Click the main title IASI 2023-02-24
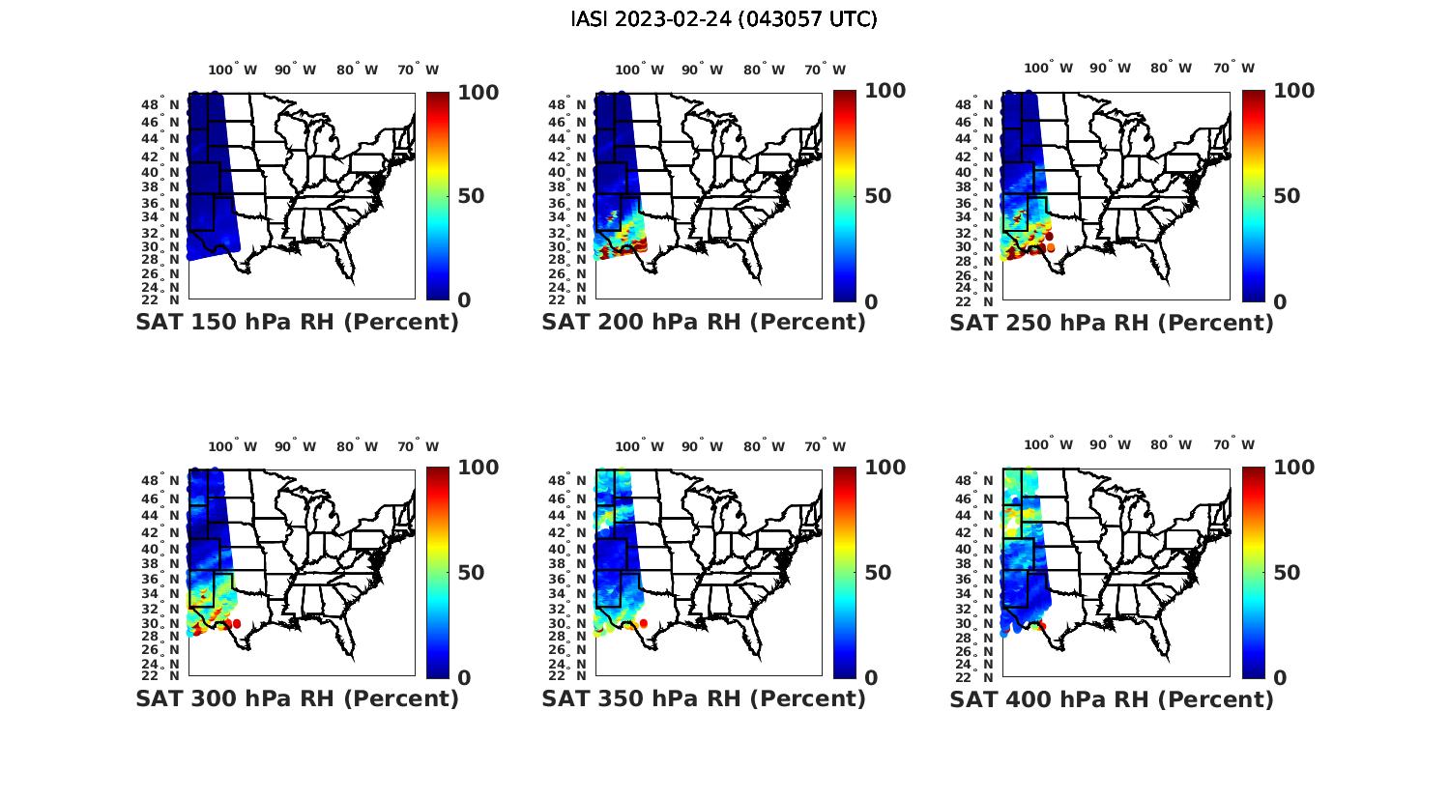point(724,19)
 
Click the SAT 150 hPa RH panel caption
point(297,322)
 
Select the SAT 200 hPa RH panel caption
point(704,322)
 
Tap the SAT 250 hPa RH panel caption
point(1112,323)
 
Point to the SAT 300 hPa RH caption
point(297,698)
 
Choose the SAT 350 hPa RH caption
point(704,698)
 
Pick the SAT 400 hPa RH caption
point(1112,698)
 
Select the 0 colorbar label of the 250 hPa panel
point(1280,302)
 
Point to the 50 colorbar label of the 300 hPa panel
point(471,573)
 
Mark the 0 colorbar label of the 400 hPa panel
point(1280,678)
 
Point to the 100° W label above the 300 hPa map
point(233,446)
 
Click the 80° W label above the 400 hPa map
point(1171,445)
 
